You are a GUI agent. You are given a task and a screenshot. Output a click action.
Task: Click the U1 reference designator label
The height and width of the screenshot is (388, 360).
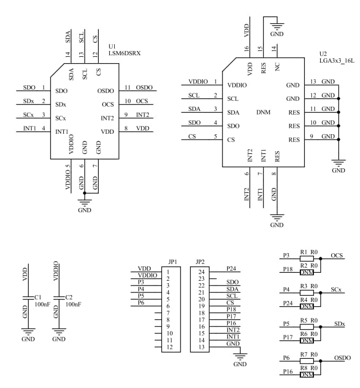[112, 46]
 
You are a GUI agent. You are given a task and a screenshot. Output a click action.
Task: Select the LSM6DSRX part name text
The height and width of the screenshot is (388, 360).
[124, 54]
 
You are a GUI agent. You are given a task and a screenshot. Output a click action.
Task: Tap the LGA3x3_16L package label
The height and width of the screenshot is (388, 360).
[337, 61]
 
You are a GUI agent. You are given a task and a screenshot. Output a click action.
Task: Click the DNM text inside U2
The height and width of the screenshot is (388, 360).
[263, 113]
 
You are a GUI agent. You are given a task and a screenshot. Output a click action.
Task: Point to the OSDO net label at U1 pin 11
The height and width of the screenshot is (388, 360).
[144, 88]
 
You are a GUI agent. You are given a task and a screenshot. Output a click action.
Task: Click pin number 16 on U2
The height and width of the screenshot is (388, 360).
[246, 49]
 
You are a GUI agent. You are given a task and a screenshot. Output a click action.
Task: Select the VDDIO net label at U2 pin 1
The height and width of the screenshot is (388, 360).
[198, 82]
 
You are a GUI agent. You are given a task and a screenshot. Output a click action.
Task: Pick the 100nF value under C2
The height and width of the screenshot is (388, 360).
[73, 305]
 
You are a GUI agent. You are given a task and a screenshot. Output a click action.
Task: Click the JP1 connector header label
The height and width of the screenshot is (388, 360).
[172, 262]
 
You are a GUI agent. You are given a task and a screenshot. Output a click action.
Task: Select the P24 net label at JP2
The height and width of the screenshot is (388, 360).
[231, 269]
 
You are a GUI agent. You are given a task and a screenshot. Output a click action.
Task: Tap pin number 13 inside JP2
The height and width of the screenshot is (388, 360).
[201, 347]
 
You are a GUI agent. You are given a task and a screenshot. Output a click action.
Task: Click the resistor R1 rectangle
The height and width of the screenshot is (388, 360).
[306, 258]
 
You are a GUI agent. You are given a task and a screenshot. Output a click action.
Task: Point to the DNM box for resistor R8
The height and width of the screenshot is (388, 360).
[306, 375]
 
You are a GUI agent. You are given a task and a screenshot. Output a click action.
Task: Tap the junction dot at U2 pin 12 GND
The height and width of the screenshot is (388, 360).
[339, 99]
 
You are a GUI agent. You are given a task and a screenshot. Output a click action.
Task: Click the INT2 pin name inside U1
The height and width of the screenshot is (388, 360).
[107, 118]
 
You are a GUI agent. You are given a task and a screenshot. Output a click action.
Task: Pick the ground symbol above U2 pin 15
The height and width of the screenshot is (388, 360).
[277, 25]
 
